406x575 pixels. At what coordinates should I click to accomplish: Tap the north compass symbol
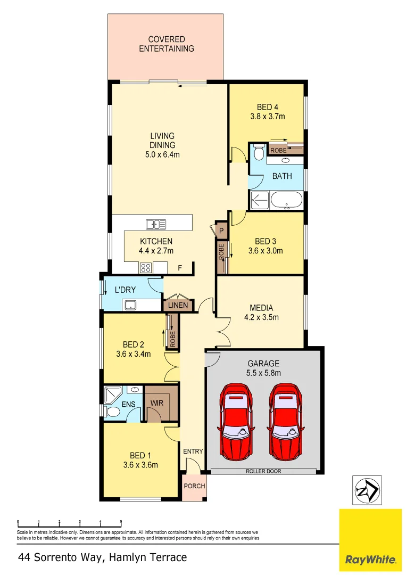367,490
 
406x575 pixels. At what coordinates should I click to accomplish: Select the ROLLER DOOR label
263,471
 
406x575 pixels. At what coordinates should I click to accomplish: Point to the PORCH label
194,486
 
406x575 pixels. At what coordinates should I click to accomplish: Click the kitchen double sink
155,224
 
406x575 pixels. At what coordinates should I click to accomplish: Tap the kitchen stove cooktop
146,268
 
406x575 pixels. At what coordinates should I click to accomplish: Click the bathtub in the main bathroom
286,201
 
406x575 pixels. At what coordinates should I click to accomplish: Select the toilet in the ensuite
112,412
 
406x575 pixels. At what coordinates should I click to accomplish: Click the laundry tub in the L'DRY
130,305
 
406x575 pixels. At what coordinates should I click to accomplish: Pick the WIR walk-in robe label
157,403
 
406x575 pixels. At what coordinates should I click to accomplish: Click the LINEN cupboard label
177,306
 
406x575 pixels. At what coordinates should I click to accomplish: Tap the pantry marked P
221,230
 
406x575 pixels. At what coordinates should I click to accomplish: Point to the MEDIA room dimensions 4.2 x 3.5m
261,317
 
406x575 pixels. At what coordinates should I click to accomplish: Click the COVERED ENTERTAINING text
167,44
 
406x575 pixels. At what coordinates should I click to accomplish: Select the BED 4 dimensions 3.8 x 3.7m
268,116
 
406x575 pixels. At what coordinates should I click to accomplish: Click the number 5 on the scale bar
121,522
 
